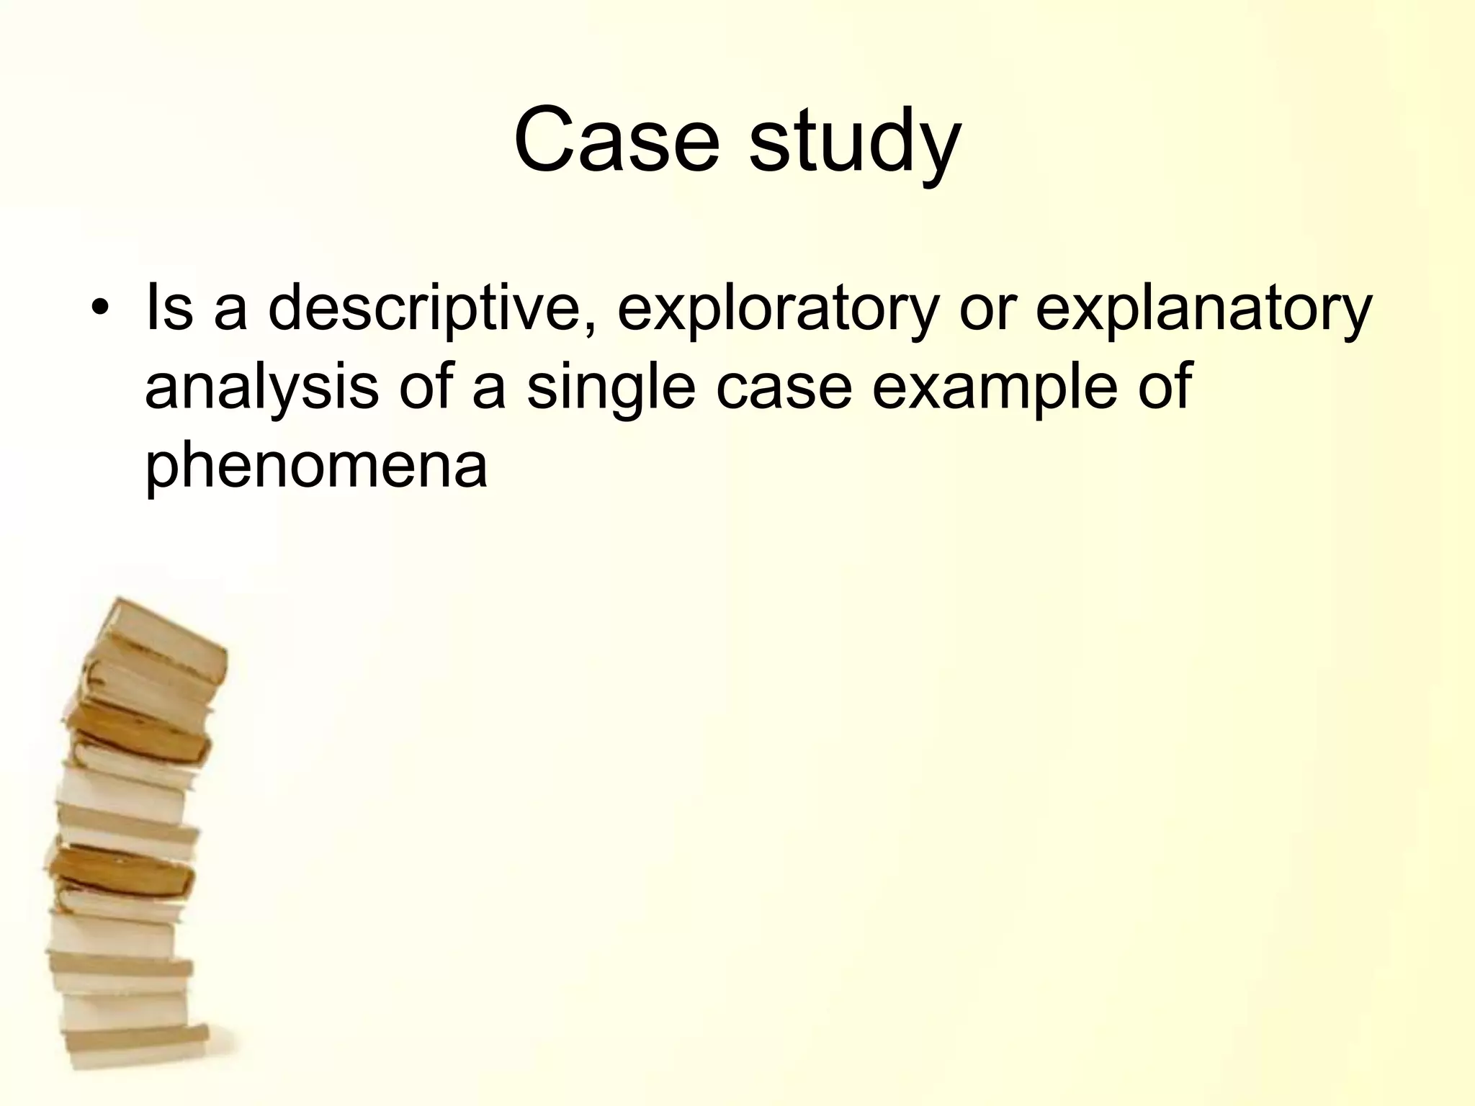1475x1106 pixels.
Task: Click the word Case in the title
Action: (617, 140)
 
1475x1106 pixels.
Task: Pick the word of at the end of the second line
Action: (1165, 387)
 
